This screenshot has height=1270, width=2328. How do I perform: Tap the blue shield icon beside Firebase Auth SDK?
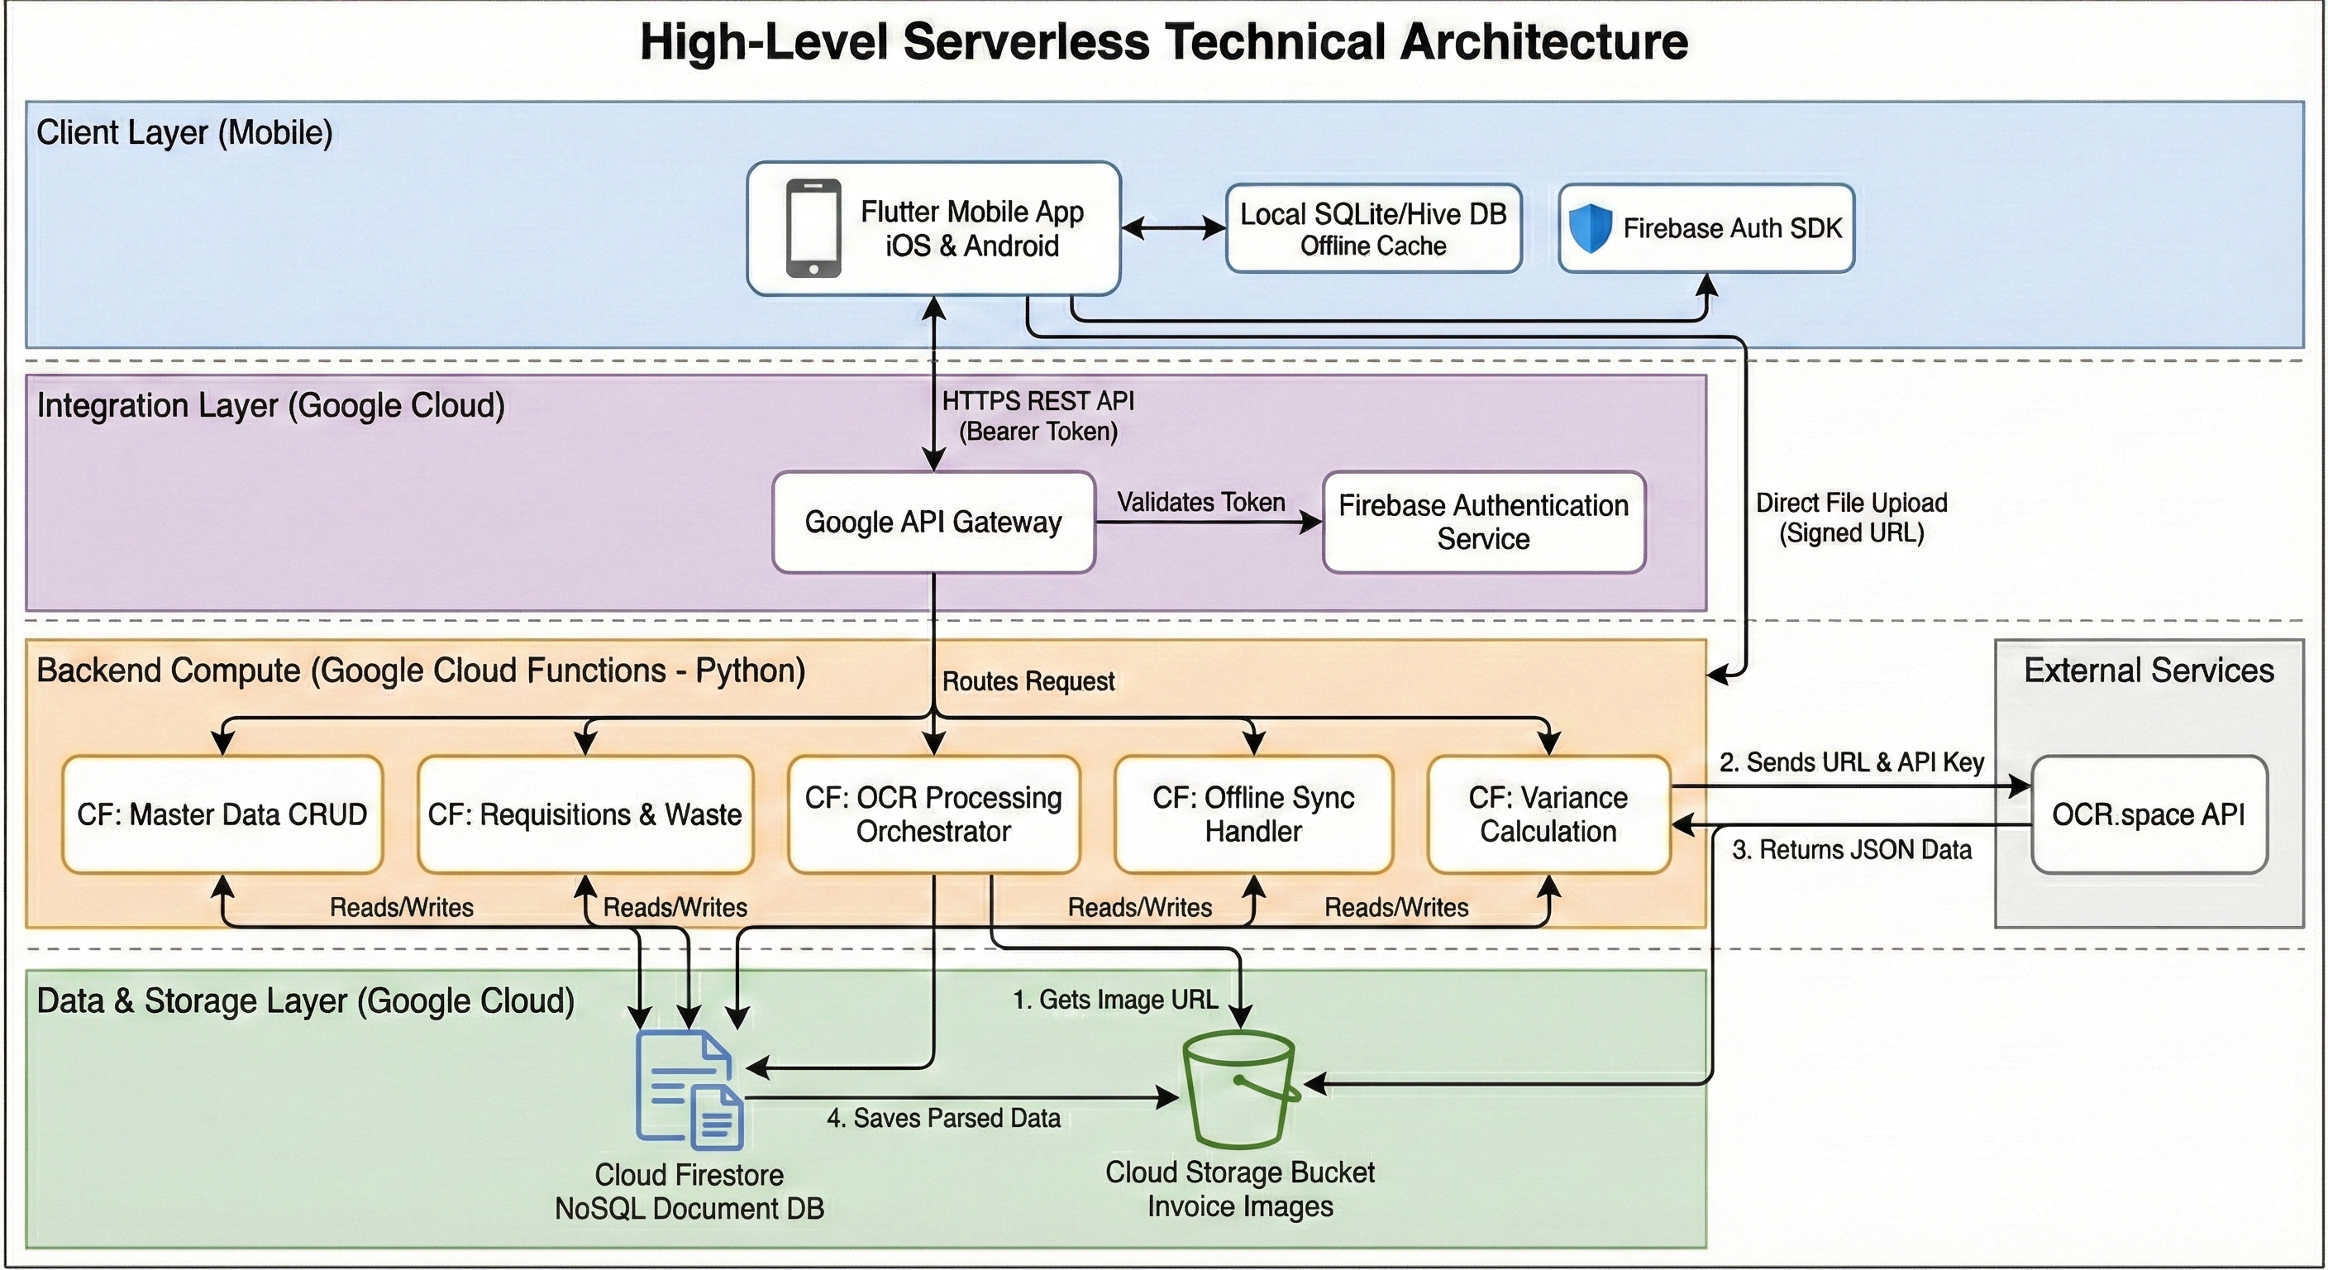coord(1590,227)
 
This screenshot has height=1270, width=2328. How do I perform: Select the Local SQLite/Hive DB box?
coord(1373,229)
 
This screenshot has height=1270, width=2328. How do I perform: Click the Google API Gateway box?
coord(933,522)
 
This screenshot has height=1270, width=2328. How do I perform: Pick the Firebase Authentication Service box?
coord(1483,522)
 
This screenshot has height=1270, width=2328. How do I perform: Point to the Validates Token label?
coord(1200,502)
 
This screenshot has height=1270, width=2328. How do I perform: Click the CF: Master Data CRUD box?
coord(222,814)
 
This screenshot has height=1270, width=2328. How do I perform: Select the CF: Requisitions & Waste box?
coord(584,814)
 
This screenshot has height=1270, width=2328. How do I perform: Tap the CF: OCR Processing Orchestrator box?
coord(933,814)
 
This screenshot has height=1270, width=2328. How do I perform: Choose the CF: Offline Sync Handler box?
coord(1252,814)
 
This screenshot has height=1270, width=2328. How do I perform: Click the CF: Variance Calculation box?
coord(1548,814)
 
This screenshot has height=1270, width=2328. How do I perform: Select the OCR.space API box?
coord(2148,814)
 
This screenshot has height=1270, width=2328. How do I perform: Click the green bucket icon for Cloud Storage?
coord(1240,1088)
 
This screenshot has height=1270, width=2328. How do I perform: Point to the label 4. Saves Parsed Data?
coord(942,1118)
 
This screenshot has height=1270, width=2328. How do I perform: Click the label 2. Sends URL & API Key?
coord(1851,762)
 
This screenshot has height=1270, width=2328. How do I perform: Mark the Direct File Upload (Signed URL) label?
coord(1851,517)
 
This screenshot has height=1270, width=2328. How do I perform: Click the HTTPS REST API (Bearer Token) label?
coord(1038,416)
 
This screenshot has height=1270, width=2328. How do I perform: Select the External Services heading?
coord(2148,671)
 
